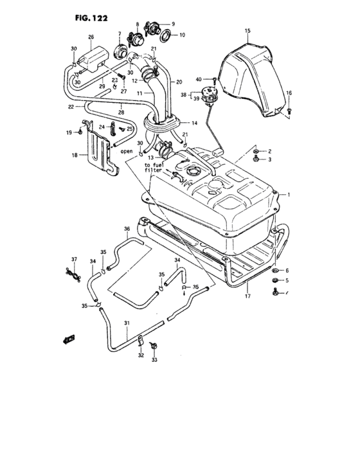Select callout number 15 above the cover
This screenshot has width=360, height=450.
pyautogui.click(x=247, y=30)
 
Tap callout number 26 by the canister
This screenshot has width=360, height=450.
pyautogui.click(x=91, y=37)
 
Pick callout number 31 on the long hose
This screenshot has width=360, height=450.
pyautogui.click(x=127, y=323)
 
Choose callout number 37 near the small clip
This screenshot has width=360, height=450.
pyautogui.click(x=73, y=260)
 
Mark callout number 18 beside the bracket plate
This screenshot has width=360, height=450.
pyautogui.click(x=75, y=155)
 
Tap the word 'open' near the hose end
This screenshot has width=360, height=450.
pyautogui.click(x=127, y=152)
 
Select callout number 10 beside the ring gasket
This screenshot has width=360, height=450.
pyautogui.click(x=182, y=35)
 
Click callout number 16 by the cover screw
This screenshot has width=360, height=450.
pyautogui.click(x=289, y=94)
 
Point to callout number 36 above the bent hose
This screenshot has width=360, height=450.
pyautogui.click(x=127, y=229)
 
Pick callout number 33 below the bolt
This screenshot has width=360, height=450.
pyautogui.click(x=154, y=360)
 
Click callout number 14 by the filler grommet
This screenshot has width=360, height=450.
pyautogui.click(x=194, y=123)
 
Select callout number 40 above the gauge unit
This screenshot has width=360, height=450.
pyautogui.click(x=199, y=78)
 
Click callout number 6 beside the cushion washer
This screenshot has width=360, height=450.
pyautogui.click(x=287, y=271)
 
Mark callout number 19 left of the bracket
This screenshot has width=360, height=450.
pyautogui.click(x=69, y=132)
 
